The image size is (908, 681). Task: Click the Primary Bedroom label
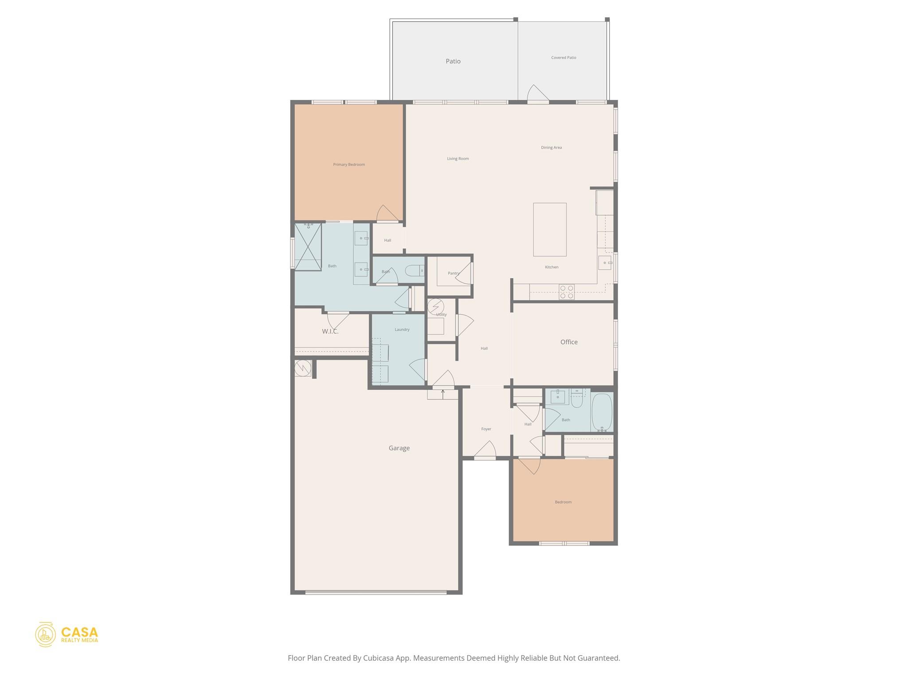pos(349,164)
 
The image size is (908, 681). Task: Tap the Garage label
pos(399,448)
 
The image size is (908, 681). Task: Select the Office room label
pos(569,342)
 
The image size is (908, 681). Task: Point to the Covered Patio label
pos(564,58)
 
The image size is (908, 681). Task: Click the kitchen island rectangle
pos(550,229)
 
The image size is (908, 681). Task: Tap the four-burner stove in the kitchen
pos(567,292)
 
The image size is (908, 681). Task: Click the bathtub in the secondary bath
pos(602,412)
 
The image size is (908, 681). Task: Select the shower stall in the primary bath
pos(308,247)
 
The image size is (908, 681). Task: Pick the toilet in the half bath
pos(415,270)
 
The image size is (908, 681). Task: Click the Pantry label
pos(453,273)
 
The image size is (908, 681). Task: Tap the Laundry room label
pos(402,329)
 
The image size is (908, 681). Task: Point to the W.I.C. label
pos(330,331)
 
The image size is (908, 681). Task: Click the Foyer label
pos(486,429)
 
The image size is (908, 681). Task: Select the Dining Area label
pos(552,148)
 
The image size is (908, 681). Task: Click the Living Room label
pos(458,158)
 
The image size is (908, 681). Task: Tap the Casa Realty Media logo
pos(67,634)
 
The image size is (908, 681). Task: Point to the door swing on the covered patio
pos(537,94)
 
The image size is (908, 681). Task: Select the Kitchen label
pos(552,267)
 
